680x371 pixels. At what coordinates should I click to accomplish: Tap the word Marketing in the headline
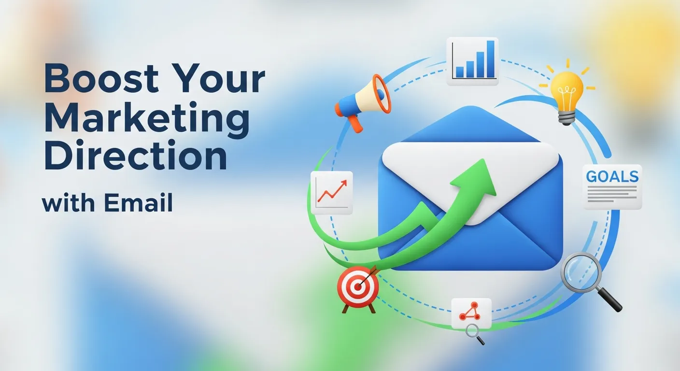click(147, 118)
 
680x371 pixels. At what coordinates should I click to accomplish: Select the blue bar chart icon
click(472, 61)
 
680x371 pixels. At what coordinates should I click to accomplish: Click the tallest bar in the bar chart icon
click(491, 59)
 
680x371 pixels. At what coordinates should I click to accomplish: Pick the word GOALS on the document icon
click(612, 177)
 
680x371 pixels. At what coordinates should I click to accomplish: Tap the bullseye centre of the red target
click(358, 286)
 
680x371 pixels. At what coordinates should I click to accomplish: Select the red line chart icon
click(332, 193)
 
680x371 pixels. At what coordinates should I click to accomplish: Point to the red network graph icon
click(471, 312)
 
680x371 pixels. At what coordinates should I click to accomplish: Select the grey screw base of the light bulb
click(567, 117)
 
